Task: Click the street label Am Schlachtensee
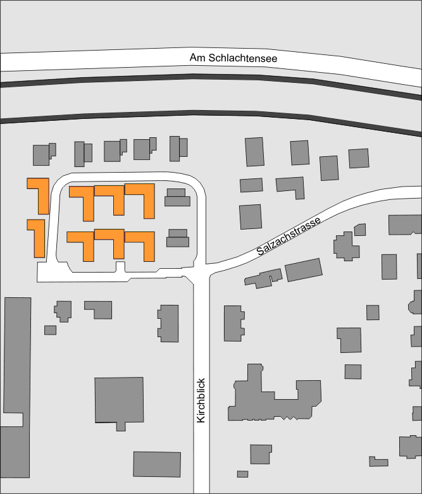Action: [x=233, y=58]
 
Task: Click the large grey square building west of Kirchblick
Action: [x=118, y=399]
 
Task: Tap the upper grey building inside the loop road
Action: [x=177, y=198]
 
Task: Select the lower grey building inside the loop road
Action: [x=178, y=238]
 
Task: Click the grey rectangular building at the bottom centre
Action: [x=157, y=464]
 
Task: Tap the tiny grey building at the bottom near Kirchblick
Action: [x=242, y=474]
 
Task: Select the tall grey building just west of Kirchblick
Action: [x=169, y=323]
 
